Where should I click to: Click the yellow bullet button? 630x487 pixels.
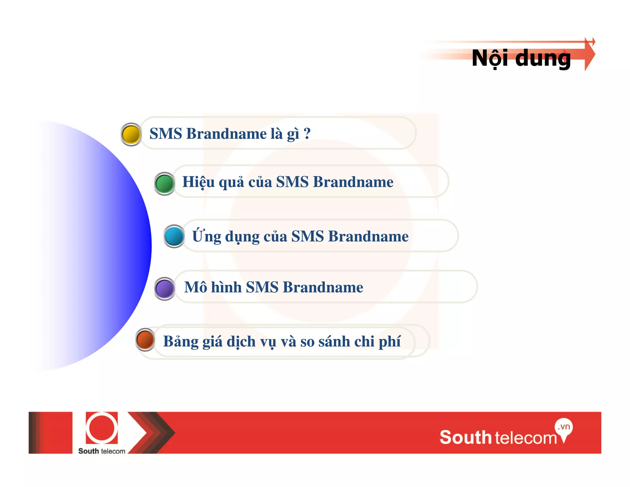[x=131, y=135]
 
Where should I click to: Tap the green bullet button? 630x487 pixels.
[x=165, y=184]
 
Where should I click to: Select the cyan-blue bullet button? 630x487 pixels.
[x=174, y=236]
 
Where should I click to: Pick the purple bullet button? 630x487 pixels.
[x=165, y=289]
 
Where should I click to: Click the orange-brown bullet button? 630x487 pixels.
[x=145, y=340]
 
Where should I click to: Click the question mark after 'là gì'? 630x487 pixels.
[x=307, y=134]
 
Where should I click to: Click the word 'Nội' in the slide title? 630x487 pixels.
[x=490, y=58]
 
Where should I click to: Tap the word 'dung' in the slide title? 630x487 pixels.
[x=543, y=58]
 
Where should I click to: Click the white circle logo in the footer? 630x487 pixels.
[x=102, y=428]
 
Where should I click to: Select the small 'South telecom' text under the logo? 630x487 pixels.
[x=102, y=451]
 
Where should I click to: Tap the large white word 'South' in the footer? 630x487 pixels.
[x=465, y=437]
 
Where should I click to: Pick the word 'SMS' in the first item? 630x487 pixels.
[x=166, y=134]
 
